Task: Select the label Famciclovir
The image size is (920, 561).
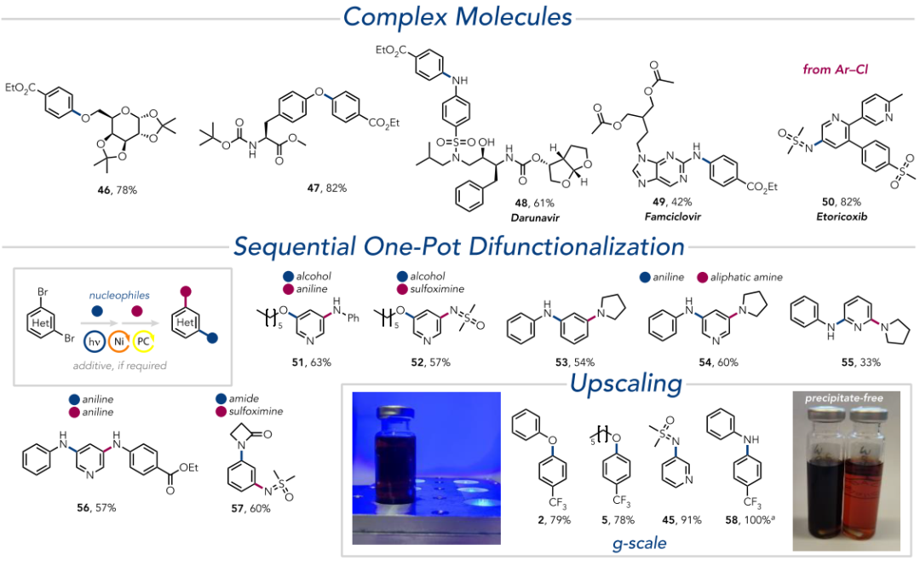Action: (x=672, y=217)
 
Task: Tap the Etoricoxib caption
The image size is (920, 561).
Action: (x=842, y=217)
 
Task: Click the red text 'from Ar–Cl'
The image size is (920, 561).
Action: (x=836, y=69)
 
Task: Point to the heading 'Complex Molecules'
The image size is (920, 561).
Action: (x=457, y=16)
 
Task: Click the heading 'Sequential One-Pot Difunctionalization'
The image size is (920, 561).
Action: (x=459, y=246)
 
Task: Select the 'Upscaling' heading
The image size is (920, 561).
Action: (x=626, y=384)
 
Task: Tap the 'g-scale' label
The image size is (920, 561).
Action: (x=639, y=543)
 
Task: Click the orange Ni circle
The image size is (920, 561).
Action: (x=119, y=341)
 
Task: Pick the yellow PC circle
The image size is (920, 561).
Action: (x=143, y=341)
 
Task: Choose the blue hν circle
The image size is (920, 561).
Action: (x=95, y=341)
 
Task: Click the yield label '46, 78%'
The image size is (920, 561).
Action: (x=118, y=190)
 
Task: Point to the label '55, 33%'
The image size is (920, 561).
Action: (x=861, y=362)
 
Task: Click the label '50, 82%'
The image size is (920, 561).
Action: (x=842, y=202)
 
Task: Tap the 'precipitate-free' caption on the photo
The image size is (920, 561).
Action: (x=843, y=398)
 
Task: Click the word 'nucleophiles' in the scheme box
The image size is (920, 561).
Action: (x=119, y=296)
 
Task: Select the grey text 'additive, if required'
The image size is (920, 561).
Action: (x=120, y=366)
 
